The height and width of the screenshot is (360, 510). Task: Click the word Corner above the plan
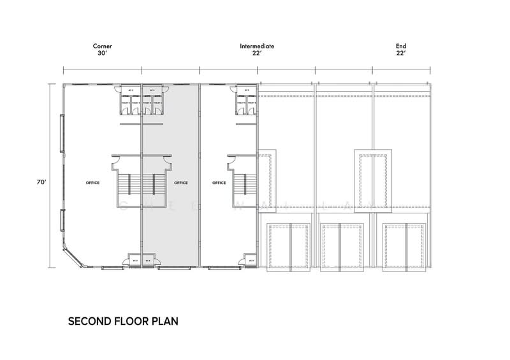coord(103,47)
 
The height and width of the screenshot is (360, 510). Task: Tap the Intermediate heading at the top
coord(257,47)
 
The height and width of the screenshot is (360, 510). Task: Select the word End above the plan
coord(400,47)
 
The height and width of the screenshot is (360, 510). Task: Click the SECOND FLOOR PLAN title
coord(123,321)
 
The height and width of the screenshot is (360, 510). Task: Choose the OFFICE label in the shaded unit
coord(180,183)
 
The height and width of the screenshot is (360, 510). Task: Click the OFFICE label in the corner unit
coord(92,183)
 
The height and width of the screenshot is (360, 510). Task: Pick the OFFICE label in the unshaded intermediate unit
coord(219,183)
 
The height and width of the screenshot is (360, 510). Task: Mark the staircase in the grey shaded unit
coord(152,184)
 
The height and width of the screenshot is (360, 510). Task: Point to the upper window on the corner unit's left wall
coord(61,134)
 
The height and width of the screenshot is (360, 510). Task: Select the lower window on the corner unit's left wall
coord(61,220)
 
